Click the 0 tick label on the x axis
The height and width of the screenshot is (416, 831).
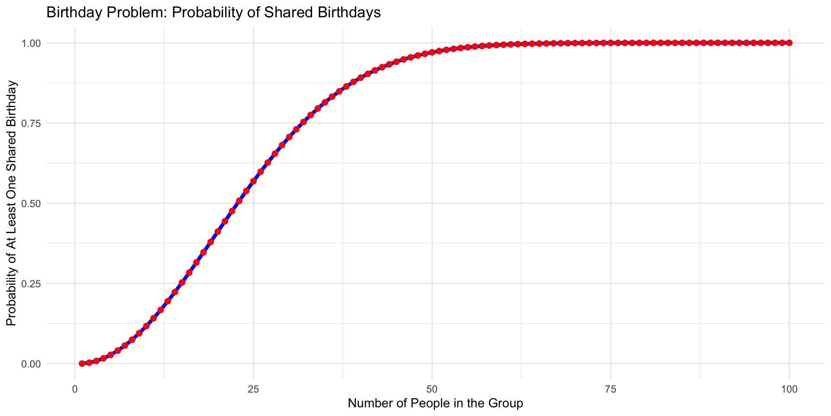click(x=75, y=389)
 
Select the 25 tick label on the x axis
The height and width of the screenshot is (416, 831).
click(x=253, y=389)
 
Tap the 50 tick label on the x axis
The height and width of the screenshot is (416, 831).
click(x=432, y=389)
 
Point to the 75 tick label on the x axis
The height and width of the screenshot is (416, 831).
click(x=610, y=389)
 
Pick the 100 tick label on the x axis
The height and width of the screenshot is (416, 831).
click(x=789, y=389)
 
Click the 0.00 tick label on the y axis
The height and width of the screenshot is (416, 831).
click(x=32, y=364)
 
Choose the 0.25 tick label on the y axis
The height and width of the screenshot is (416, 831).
click(x=32, y=284)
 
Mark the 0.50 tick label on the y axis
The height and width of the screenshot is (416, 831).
click(x=32, y=204)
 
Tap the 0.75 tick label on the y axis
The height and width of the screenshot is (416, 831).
click(x=32, y=123)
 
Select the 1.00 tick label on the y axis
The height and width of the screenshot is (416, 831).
click(x=32, y=43)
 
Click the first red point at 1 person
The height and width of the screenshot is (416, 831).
click(x=82, y=364)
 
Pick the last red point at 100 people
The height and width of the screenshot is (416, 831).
click(x=789, y=43)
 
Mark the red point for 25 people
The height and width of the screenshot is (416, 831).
click(x=254, y=181)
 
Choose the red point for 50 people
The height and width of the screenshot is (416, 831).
click(x=432, y=52)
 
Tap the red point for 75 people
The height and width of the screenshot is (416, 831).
click(x=611, y=43)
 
